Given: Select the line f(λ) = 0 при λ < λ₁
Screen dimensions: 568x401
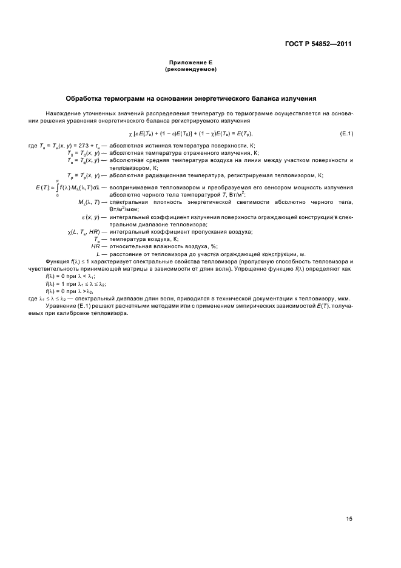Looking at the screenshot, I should pyautogui.click(x=66, y=276).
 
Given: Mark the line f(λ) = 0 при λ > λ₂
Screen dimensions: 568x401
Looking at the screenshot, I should pyautogui.click(x=66, y=291).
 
